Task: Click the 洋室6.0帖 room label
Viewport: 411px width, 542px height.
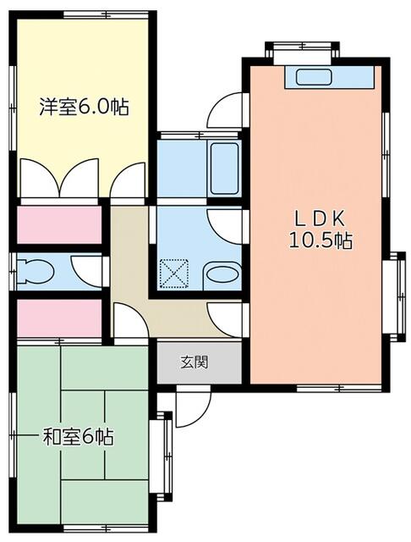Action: click(x=84, y=108)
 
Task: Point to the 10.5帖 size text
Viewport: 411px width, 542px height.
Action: click(x=320, y=241)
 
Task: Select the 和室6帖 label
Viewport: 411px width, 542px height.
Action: click(x=79, y=438)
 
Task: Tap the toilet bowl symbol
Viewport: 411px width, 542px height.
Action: click(x=37, y=271)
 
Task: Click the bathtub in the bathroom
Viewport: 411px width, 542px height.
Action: click(x=225, y=169)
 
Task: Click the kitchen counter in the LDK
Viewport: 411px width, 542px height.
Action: click(x=329, y=77)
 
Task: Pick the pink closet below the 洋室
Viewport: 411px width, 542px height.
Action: click(x=58, y=224)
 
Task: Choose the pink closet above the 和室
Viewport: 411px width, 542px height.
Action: click(x=58, y=318)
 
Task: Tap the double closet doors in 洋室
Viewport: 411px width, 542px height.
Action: click(x=61, y=180)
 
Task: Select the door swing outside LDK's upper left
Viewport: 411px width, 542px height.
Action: click(x=227, y=110)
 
